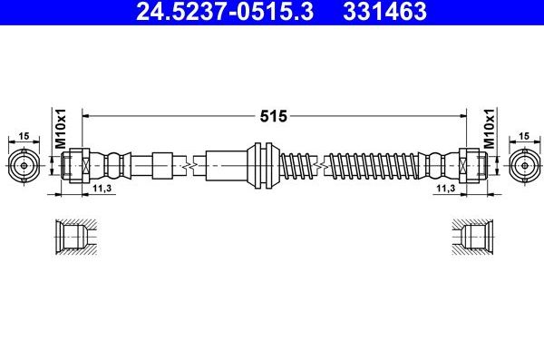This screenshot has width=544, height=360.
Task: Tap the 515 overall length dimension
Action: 273,115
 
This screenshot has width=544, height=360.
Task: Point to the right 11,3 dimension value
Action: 445,187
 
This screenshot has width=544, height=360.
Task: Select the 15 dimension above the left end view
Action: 25,136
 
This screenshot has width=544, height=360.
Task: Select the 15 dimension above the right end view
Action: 522,136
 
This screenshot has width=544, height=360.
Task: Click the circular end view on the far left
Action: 25,165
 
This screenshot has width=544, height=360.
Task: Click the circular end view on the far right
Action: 522,165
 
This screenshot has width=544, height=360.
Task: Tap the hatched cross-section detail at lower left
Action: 73,238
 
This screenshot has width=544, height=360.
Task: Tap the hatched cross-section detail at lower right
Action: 474,238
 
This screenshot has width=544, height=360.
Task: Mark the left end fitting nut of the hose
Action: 76,165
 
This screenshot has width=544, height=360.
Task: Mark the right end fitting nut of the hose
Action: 471,165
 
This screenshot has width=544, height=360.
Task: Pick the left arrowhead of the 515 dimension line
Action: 87,115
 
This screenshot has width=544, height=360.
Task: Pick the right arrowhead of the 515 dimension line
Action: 461,115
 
